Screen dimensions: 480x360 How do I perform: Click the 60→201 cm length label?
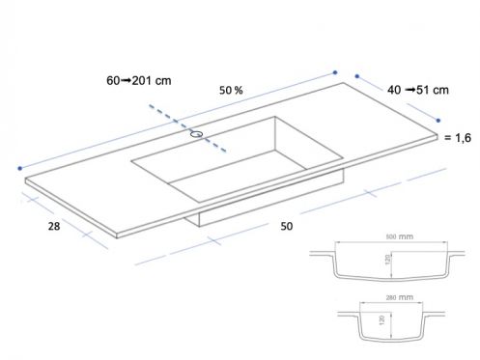(x=139, y=80)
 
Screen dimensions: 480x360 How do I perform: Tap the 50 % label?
(x=231, y=90)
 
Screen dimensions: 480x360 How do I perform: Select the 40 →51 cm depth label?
(x=418, y=90)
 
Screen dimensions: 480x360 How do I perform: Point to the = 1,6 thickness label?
(x=458, y=138)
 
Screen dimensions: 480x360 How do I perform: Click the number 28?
(x=54, y=226)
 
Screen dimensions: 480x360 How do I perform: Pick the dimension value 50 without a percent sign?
(x=287, y=226)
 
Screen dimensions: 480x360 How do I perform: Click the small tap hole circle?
(x=196, y=134)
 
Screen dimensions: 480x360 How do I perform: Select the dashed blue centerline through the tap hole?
(x=187, y=128)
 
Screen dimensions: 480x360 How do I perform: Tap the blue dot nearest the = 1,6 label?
(x=438, y=121)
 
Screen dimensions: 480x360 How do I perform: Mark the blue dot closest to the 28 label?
(x=20, y=168)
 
